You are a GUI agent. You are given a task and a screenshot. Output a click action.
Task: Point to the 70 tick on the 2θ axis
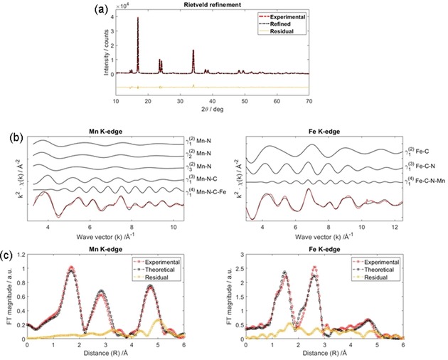(309, 102)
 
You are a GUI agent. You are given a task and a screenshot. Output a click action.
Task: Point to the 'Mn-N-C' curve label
(200, 179)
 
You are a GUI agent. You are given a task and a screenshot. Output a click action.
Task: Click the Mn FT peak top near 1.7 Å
(70, 268)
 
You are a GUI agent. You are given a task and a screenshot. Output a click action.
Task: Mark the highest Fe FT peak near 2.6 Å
(314, 268)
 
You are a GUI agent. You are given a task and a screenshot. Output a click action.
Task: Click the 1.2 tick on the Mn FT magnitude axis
(19, 255)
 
